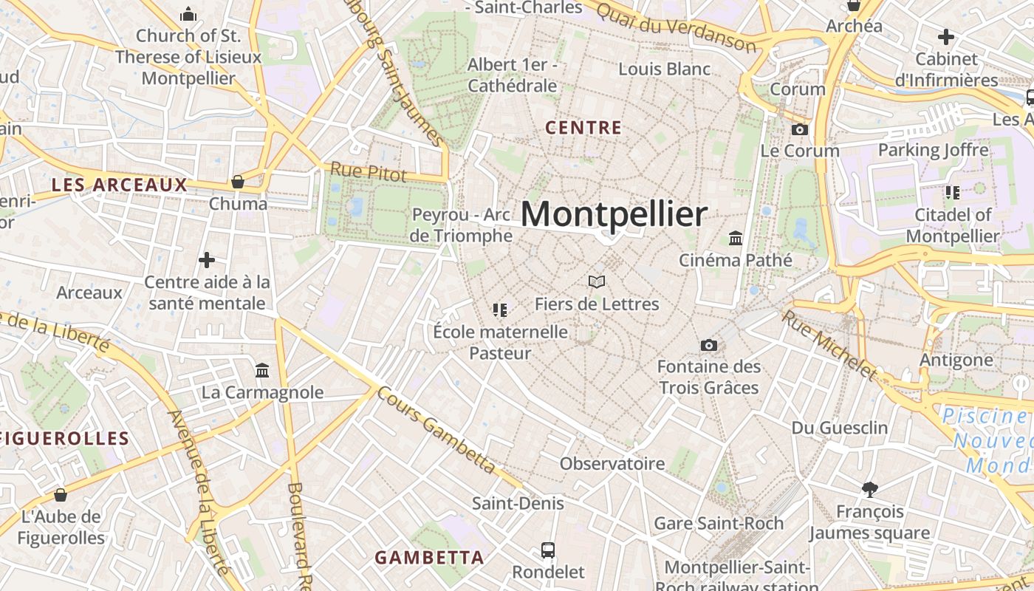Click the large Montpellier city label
click(x=614, y=214)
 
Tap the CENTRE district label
click(x=583, y=128)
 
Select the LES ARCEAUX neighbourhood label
click(x=120, y=185)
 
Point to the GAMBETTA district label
click(x=429, y=557)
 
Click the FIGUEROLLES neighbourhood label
click(x=65, y=438)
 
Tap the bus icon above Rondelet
click(x=548, y=550)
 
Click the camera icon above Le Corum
click(x=799, y=130)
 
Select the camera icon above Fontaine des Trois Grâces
click(x=708, y=345)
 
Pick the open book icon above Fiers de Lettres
click(x=597, y=281)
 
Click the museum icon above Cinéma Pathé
click(x=736, y=238)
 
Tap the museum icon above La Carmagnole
click(x=262, y=370)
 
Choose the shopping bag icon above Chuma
click(x=238, y=182)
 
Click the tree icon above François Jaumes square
click(x=870, y=489)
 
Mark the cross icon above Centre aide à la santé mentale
click(x=207, y=260)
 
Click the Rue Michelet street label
click(x=830, y=345)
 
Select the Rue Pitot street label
click(x=368, y=171)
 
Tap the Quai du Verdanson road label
click(x=676, y=27)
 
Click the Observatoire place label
click(x=612, y=464)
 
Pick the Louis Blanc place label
click(x=665, y=69)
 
